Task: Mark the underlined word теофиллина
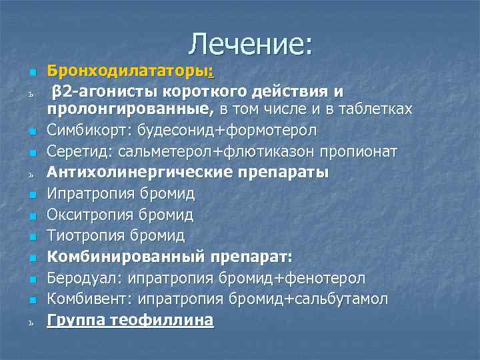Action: [x=164, y=320]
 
